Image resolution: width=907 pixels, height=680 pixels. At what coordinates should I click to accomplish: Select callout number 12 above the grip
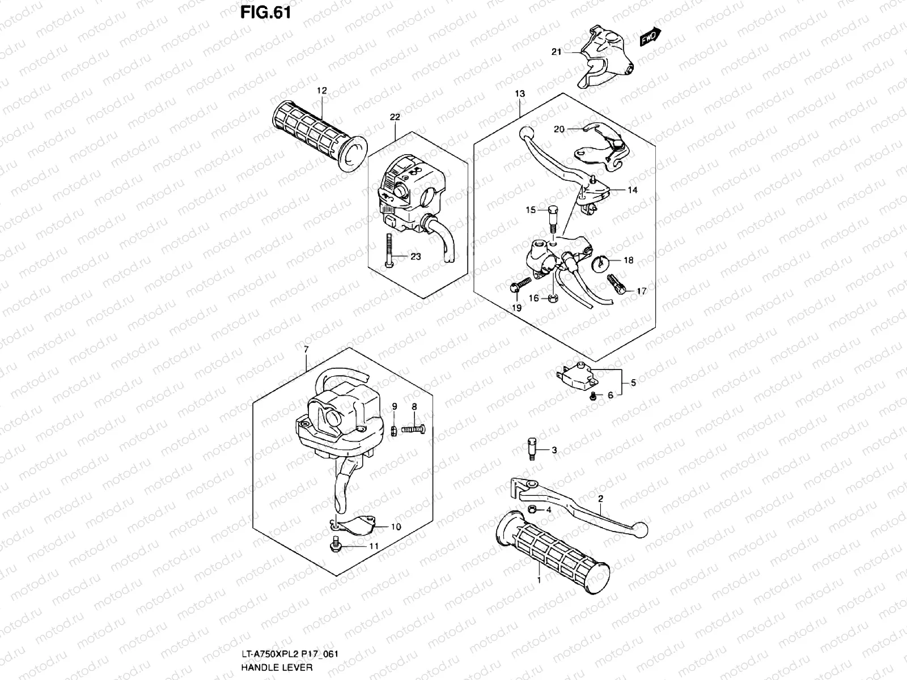[x=322, y=91]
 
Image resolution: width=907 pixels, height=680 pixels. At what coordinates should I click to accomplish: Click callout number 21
[x=556, y=52]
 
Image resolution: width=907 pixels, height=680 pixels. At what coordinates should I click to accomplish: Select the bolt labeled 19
[x=518, y=284]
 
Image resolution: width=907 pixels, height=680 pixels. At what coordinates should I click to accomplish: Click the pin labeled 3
[x=532, y=449]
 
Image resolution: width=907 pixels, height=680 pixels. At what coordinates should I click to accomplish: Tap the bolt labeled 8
[x=413, y=430]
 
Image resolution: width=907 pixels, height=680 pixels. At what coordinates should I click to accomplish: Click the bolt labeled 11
[x=334, y=546]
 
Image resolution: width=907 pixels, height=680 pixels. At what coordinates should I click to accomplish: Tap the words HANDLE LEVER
[x=276, y=667]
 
